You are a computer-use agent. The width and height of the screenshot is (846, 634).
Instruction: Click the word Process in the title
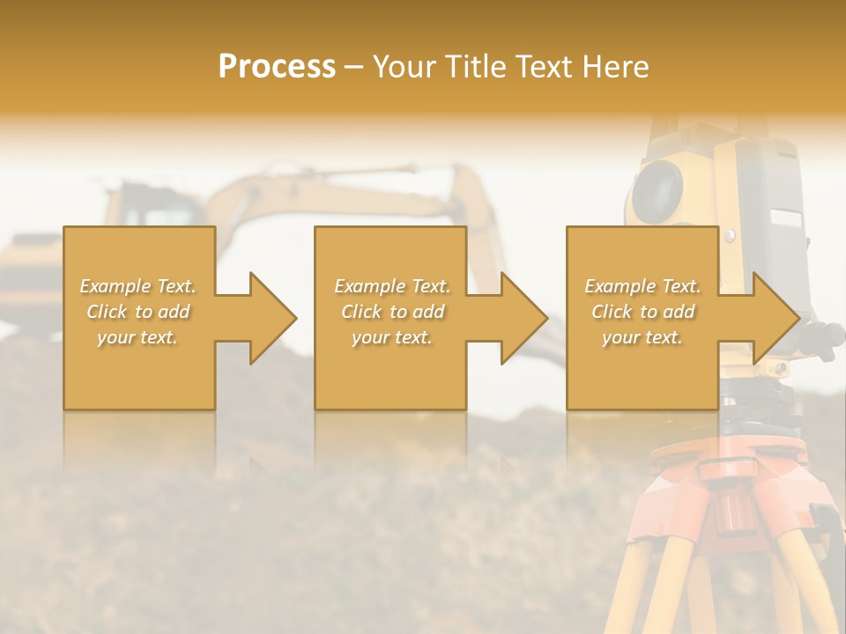click(277, 67)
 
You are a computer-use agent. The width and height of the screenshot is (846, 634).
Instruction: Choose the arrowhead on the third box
click(775, 318)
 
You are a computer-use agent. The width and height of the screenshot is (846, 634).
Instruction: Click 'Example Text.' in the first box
click(138, 286)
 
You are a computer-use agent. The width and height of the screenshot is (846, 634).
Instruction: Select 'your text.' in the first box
click(138, 337)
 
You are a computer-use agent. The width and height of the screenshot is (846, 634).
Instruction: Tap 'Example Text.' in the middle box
click(392, 286)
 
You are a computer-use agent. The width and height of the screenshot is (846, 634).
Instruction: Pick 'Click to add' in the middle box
click(392, 312)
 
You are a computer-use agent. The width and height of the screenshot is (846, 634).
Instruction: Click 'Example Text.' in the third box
click(642, 286)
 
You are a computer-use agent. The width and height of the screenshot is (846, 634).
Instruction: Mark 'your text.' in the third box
click(642, 337)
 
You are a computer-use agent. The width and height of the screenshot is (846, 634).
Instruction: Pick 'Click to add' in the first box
click(138, 312)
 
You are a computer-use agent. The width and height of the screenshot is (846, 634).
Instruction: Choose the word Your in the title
click(404, 67)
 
